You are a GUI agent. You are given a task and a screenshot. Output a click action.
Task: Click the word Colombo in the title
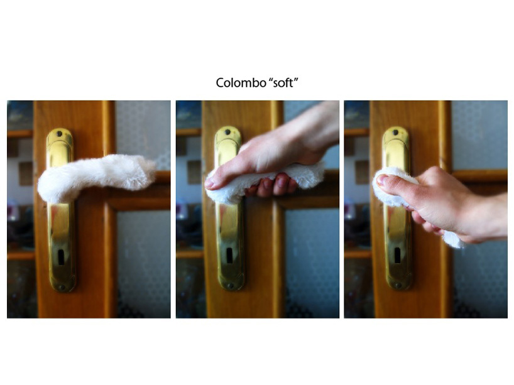[241, 82]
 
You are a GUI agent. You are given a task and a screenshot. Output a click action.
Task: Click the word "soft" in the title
[283, 82]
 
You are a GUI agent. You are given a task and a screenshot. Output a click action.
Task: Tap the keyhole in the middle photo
[230, 255]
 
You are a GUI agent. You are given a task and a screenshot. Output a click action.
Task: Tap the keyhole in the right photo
[398, 255]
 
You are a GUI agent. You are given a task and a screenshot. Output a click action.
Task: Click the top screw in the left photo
[59, 134]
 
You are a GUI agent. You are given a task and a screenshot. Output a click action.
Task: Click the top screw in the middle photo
[227, 132]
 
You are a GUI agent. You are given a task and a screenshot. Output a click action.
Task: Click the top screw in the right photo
[396, 133]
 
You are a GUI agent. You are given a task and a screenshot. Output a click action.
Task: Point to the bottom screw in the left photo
[62, 288]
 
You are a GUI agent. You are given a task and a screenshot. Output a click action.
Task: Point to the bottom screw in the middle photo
[231, 286]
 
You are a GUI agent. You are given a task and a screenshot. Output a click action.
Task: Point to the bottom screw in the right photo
[398, 285]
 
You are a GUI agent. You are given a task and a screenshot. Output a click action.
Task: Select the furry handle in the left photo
[95, 177]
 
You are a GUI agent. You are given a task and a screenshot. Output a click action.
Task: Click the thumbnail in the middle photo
[211, 183]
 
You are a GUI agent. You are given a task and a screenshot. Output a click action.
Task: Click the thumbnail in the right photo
[382, 179]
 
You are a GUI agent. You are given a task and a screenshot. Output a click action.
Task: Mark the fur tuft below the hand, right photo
[454, 240]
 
